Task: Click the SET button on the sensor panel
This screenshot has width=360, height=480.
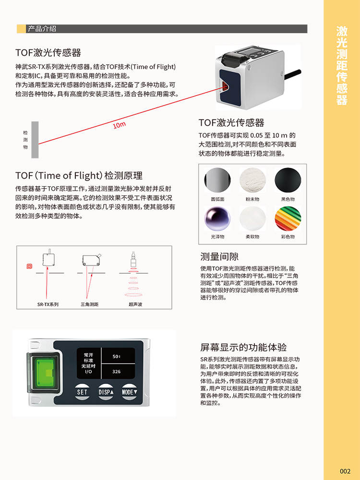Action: [x=82, y=392]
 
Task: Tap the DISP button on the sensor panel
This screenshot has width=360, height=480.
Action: [x=106, y=392]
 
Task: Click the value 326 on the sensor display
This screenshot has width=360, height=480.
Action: [x=116, y=372]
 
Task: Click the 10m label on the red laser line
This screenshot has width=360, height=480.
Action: [x=119, y=125]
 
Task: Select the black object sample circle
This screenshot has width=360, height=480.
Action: [x=288, y=180]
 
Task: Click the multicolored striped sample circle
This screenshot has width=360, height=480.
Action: [x=288, y=218]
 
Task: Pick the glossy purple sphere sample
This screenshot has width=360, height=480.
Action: [x=217, y=218]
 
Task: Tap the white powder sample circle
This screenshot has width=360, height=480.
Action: [x=252, y=180]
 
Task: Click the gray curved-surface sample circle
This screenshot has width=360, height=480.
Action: [x=217, y=180]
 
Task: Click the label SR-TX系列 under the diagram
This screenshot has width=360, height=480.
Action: [x=48, y=304]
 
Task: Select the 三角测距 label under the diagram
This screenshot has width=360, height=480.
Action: [x=89, y=304]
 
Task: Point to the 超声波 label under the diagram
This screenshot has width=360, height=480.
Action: [x=135, y=304]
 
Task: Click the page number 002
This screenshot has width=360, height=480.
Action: [x=345, y=471]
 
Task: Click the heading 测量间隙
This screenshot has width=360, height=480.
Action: [x=219, y=256]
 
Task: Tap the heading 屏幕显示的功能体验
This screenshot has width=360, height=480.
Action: [x=243, y=347]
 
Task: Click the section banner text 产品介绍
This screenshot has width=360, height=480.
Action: [x=42, y=29]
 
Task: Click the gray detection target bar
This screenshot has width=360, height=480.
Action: [x=35, y=140]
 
